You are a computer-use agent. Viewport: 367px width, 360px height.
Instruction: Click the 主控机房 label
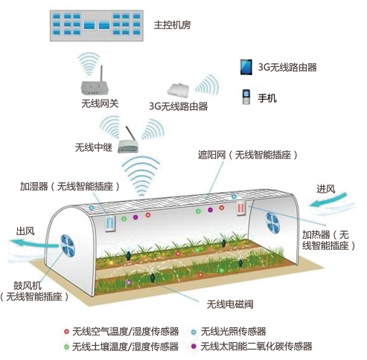172,25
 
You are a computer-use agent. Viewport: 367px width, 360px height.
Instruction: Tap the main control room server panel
97,25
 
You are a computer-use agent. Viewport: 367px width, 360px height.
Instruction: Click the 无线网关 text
100,103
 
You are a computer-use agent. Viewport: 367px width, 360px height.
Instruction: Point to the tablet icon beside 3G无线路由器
246,67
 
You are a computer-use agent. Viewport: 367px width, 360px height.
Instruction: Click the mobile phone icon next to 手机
246,97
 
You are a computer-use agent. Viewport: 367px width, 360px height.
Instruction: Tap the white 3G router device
178,89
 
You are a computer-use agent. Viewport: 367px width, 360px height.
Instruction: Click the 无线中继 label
94,147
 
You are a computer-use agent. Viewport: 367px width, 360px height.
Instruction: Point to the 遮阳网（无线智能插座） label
247,155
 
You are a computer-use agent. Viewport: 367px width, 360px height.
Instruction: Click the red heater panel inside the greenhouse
241,208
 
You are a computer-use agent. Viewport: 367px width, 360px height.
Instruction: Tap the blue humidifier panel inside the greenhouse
110,224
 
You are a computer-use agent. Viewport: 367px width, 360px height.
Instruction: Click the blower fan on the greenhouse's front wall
68,245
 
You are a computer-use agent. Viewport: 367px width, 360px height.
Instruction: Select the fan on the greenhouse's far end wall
272,222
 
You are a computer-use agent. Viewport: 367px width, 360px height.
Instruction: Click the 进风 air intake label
325,189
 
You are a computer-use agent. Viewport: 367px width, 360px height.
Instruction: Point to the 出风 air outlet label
25,231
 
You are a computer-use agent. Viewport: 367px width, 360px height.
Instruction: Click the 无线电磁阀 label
230,304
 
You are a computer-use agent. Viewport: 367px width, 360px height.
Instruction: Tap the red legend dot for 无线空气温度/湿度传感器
66,331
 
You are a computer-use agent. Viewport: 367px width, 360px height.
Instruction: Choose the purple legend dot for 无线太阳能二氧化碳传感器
194,346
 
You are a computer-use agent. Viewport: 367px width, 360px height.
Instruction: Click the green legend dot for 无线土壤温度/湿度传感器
66,347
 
